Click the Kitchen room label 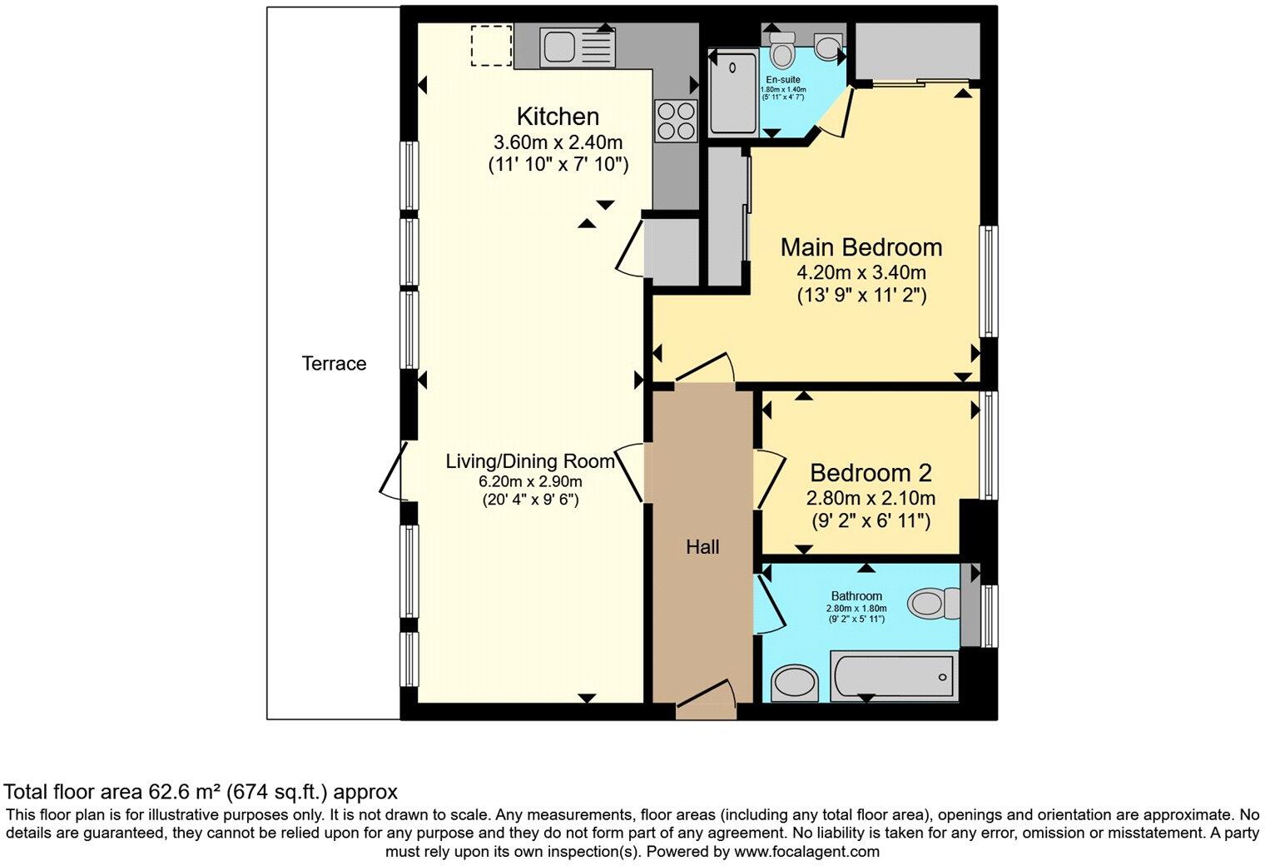pyautogui.click(x=558, y=117)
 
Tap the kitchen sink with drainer pyautogui.click(x=577, y=47)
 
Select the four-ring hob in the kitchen pyautogui.click(x=675, y=121)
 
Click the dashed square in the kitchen pyautogui.click(x=491, y=45)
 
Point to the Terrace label pyautogui.click(x=334, y=363)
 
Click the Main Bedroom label pyautogui.click(x=861, y=247)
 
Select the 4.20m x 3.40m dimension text pyautogui.click(x=861, y=272)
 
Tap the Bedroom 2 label pyautogui.click(x=871, y=473)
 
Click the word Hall pyautogui.click(x=702, y=547)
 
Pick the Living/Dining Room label pyautogui.click(x=530, y=461)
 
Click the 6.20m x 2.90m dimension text pyautogui.click(x=530, y=482)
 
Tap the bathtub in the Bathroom pyautogui.click(x=895, y=674)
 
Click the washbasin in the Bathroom pyautogui.click(x=795, y=684)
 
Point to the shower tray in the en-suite pyautogui.click(x=733, y=91)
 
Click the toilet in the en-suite pyautogui.click(x=781, y=51)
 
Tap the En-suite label pyautogui.click(x=783, y=80)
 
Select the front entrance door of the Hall pyautogui.click(x=706, y=699)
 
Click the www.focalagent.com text pyautogui.click(x=806, y=852)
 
